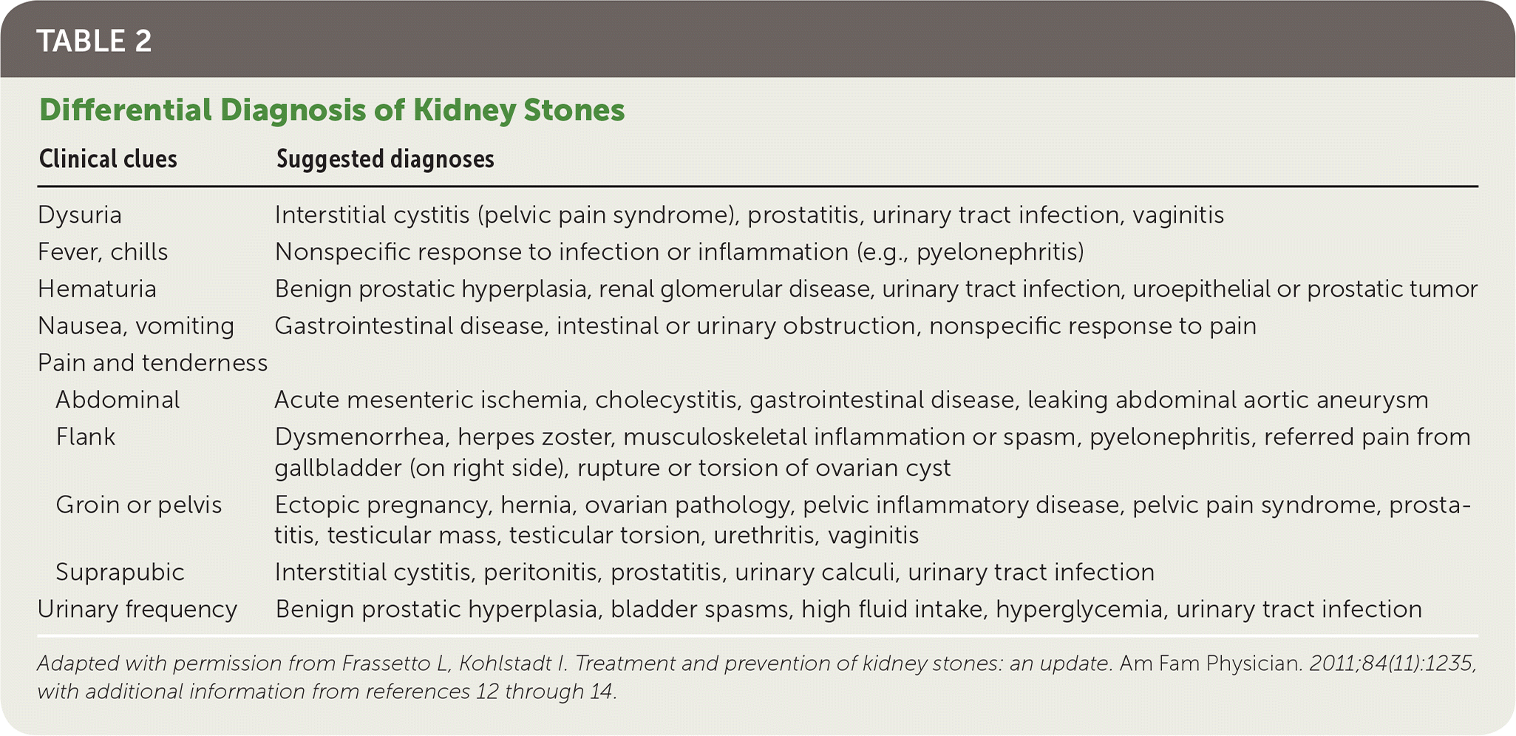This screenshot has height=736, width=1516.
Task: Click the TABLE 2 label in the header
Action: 94,41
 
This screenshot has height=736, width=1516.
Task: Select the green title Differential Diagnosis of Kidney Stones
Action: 332,110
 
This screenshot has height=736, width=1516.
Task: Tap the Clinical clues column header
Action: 108,159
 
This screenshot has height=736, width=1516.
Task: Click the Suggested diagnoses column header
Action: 385,159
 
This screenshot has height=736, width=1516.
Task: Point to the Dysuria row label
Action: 80,215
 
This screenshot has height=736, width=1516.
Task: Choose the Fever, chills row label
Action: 103,252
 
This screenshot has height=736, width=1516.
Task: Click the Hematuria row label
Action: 97,288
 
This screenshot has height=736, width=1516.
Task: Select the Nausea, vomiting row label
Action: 136,326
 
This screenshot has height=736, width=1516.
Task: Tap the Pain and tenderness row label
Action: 153,363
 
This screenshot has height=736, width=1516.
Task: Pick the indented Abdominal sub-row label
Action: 118,400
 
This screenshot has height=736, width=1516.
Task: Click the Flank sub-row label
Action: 86,437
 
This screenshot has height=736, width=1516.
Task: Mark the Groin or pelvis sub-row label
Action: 139,505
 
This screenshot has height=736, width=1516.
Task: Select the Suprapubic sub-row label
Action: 120,573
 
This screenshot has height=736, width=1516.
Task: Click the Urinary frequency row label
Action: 137,610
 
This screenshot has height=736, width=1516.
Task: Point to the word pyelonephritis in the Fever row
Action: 995,252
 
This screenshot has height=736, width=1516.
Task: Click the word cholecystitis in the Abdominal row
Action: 666,400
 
